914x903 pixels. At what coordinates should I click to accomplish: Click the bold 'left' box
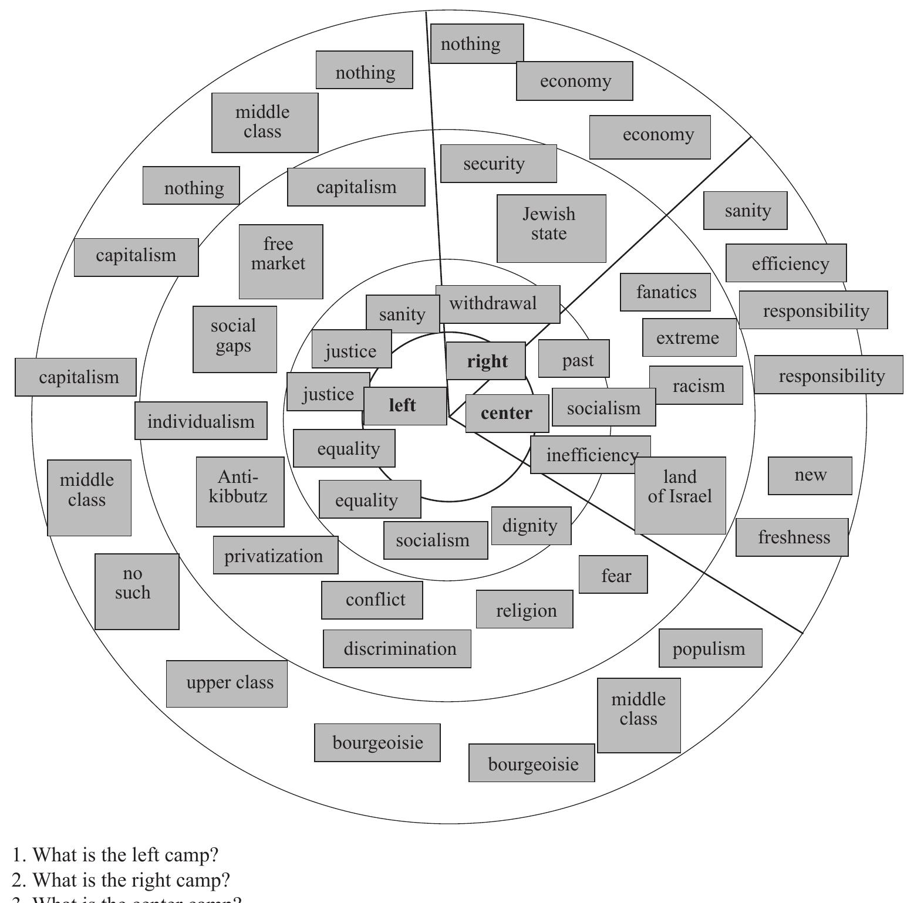point(404,405)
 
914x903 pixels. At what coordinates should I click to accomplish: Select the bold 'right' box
point(486,361)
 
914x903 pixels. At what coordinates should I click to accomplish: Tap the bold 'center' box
point(507,413)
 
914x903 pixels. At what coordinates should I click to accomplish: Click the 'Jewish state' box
point(551,228)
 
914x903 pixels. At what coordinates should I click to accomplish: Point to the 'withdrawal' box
point(497,304)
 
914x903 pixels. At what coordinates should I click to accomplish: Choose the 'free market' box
point(281,261)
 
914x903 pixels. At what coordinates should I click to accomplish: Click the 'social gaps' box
point(234,339)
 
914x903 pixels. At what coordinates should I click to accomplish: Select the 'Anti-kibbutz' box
point(240,491)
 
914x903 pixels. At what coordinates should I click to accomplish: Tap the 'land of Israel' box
point(680,495)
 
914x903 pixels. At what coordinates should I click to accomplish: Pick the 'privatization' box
point(275,555)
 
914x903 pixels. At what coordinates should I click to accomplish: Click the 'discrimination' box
point(397,648)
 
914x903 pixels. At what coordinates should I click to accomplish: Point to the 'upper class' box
point(227,683)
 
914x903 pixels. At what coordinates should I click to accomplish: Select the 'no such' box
point(136,591)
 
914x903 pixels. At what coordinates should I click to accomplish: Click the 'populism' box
point(710,648)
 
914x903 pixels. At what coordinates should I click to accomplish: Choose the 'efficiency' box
point(785,263)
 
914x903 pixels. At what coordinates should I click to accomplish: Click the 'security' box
point(498,163)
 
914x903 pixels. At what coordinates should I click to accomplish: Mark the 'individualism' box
point(201,421)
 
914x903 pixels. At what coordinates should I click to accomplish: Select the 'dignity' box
point(531,525)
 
